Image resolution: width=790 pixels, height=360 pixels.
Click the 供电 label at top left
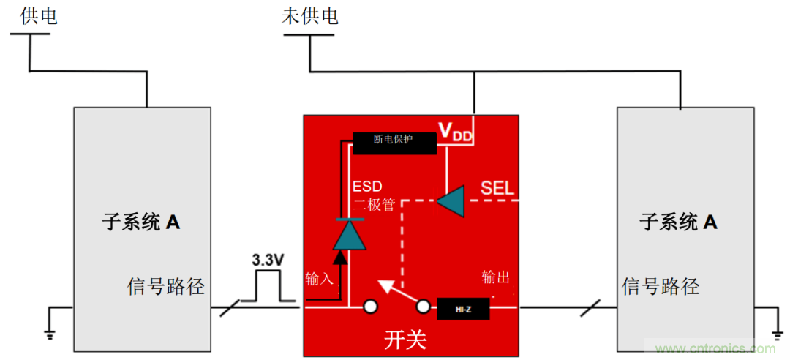coord(37,16)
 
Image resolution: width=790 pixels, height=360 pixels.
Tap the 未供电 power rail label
coord(309,16)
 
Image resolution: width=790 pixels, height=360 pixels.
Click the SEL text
coord(497,188)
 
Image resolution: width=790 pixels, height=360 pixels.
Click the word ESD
coord(367,186)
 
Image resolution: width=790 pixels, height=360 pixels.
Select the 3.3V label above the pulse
coord(268,260)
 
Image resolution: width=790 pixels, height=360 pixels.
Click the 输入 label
coord(319,278)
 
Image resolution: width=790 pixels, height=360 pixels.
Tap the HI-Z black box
coord(463,310)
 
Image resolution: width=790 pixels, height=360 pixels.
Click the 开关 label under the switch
coord(405,340)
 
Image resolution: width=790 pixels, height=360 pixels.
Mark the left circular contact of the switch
coord(370,307)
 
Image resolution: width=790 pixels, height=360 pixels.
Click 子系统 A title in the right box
coord(678,222)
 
